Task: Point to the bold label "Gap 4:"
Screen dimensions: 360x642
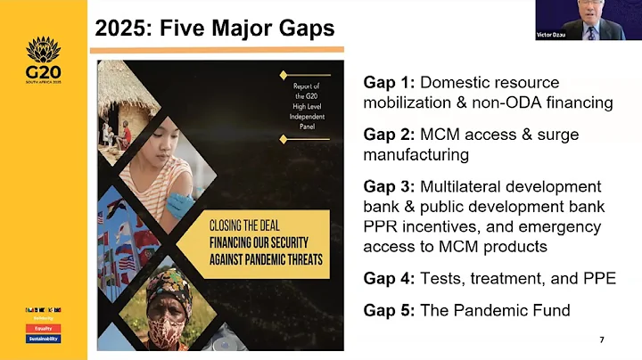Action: click(x=389, y=278)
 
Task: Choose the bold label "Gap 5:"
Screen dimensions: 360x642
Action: click(x=389, y=311)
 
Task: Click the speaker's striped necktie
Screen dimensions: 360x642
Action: click(x=590, y=33)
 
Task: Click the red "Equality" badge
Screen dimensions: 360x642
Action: click(x=43, y=327)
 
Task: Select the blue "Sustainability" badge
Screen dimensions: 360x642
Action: click(x=43, y=339)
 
